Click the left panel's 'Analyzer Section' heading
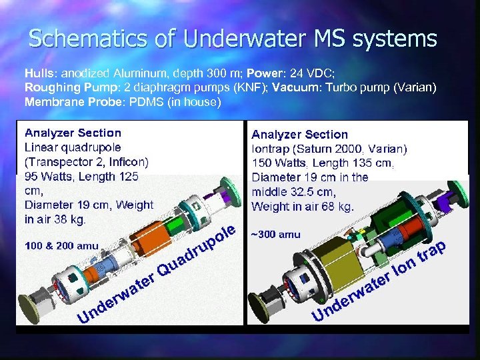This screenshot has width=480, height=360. [73, 133]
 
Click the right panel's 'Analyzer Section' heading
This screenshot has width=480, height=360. [299, 135]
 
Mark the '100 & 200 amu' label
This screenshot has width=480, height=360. [61, 246]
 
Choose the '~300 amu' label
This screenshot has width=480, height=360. [275, 234]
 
